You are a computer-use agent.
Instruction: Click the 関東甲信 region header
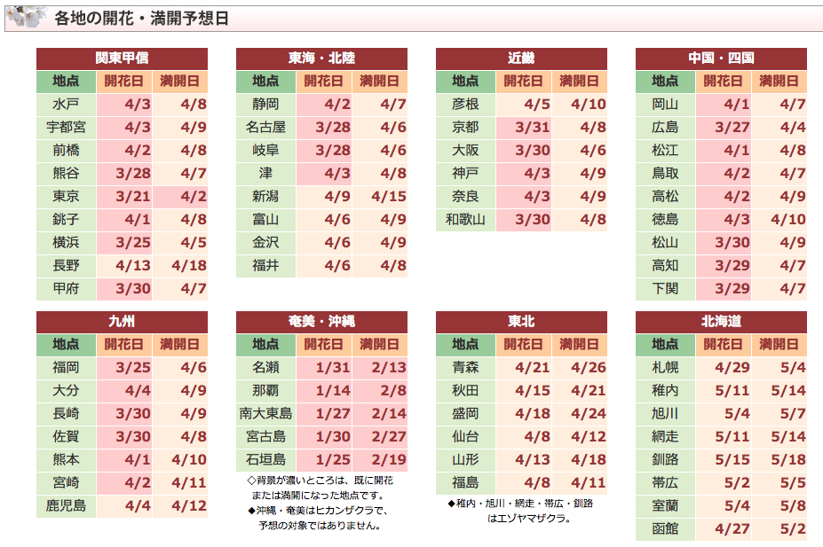(x=122, y=59)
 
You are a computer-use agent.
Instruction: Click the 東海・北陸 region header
(x=321, y=59)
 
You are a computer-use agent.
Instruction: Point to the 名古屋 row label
(x=265, y=128)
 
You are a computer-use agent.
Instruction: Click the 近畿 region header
(x=521, y=59)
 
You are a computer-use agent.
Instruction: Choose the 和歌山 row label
(x=465, y=220)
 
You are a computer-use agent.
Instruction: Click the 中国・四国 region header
(x=721, y=59)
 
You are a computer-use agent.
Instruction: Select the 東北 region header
(x=521, y=322)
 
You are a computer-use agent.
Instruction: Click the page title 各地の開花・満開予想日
(x=141, y=18)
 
